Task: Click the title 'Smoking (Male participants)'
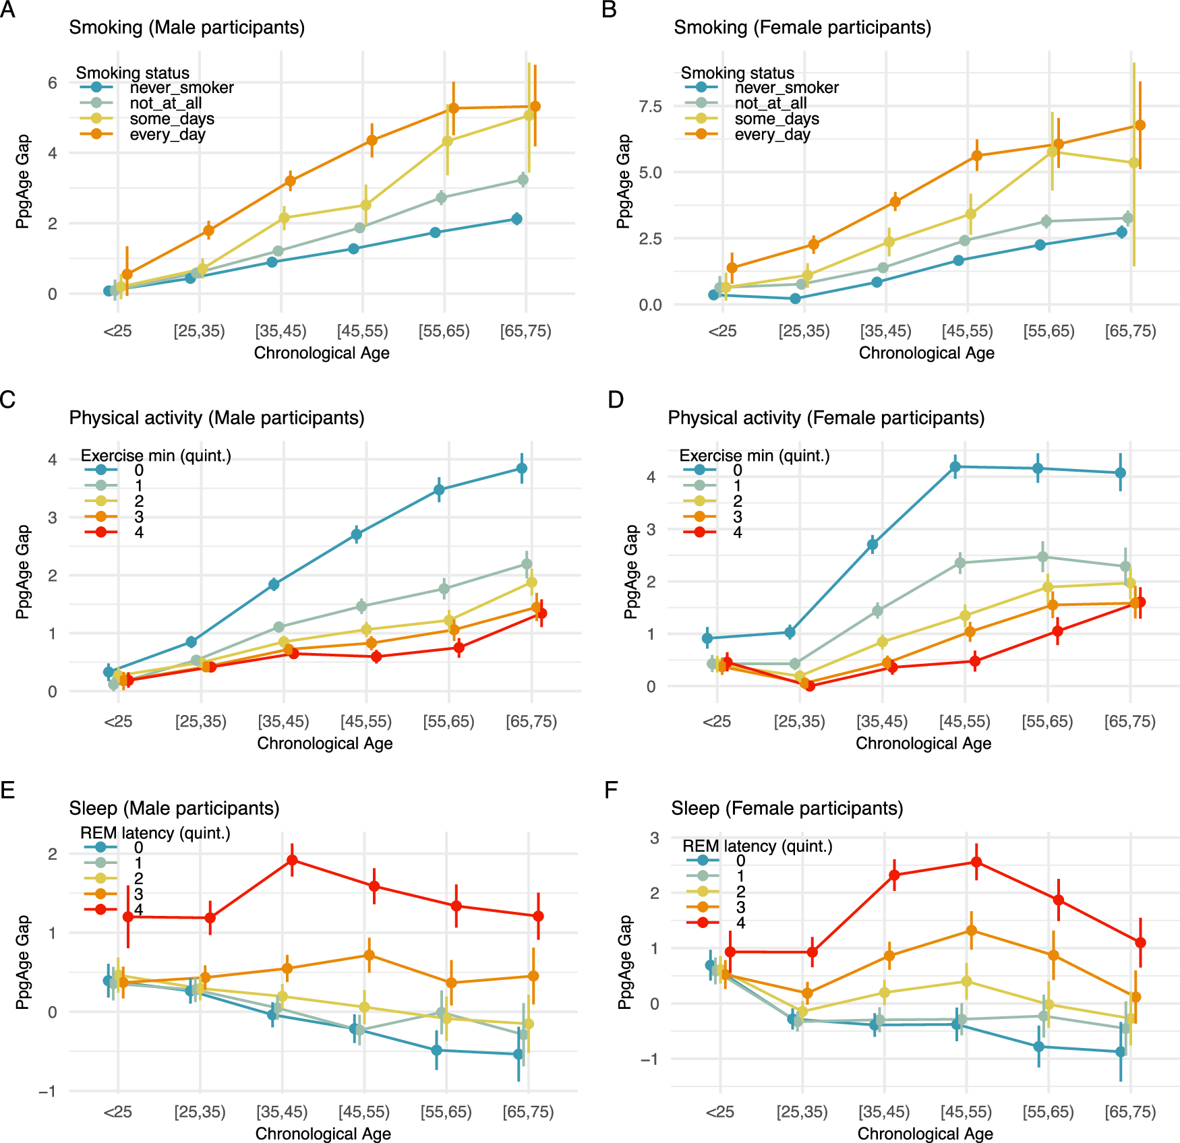pos(187,28)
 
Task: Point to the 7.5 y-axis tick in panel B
pos(650,106)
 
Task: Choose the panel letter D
pos(615,400)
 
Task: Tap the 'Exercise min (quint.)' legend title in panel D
pos(754,456)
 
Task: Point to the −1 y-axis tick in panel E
pos(47,1091)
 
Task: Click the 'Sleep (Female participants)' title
pos(787,808)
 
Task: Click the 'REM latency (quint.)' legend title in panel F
pos(757,846)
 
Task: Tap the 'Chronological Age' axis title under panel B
pos(926,353)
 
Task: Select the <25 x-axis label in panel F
pos(719,1111)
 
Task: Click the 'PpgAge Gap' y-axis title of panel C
pos(24,571)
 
